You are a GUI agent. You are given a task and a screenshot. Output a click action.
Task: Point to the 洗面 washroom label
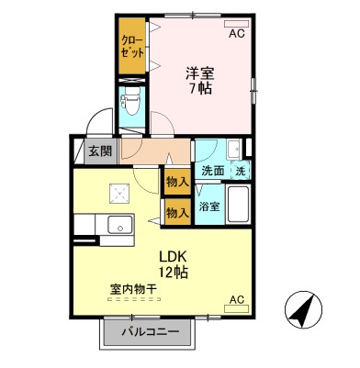[213, 171]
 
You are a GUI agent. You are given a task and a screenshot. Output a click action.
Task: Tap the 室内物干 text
[133, 289]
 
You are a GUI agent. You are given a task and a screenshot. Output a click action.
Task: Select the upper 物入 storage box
[176, 182]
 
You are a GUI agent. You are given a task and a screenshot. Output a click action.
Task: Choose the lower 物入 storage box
[176, 213]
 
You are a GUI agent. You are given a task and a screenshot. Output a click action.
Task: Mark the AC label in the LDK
[236, 299]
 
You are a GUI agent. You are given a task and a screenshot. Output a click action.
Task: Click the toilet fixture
[131, 106]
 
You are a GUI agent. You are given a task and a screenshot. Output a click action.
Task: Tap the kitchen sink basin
[118, 226]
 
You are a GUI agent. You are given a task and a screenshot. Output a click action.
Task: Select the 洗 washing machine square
[240, 171]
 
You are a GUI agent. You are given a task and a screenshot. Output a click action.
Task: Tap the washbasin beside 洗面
[233, 150]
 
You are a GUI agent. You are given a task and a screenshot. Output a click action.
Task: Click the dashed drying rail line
[133, 299]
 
